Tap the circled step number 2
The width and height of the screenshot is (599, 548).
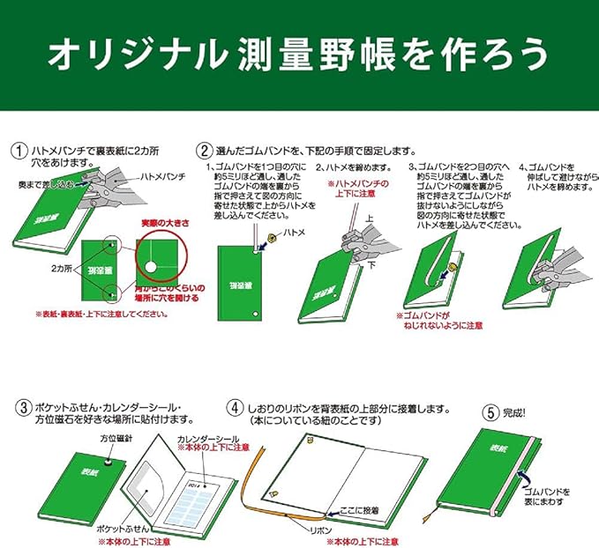point(205,151)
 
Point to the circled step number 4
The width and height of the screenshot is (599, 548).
point(235,409)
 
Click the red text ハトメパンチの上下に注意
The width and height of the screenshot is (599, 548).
point(356,189)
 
